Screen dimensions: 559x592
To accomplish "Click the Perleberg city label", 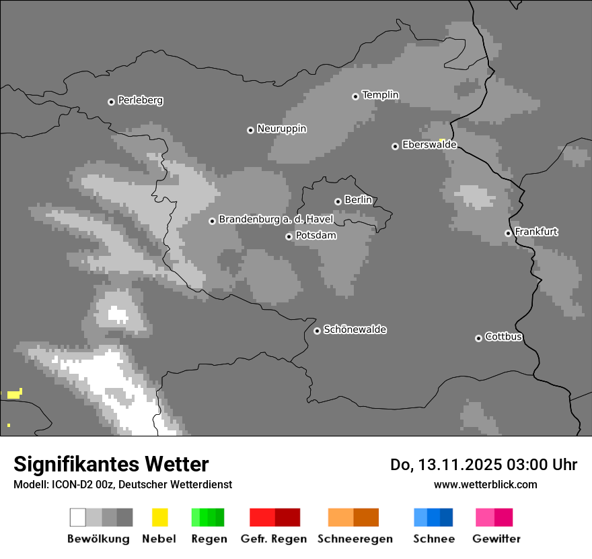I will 140,100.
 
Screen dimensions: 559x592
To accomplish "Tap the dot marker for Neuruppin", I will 250,130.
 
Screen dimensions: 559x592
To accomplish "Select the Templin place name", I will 380,95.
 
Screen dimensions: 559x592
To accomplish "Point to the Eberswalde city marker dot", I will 395,146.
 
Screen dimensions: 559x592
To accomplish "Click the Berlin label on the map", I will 358,200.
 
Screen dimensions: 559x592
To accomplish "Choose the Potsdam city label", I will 316,236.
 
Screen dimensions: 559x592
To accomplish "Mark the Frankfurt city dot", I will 508,234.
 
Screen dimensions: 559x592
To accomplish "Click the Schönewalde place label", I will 355,329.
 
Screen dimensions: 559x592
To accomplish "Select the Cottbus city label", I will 503,337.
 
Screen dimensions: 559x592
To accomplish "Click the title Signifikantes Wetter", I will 111,464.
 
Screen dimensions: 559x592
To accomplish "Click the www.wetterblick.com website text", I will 485,484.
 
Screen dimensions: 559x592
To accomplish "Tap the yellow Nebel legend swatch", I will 159,517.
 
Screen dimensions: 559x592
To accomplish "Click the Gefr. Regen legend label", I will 274,539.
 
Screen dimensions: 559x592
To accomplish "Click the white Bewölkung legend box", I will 77,517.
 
